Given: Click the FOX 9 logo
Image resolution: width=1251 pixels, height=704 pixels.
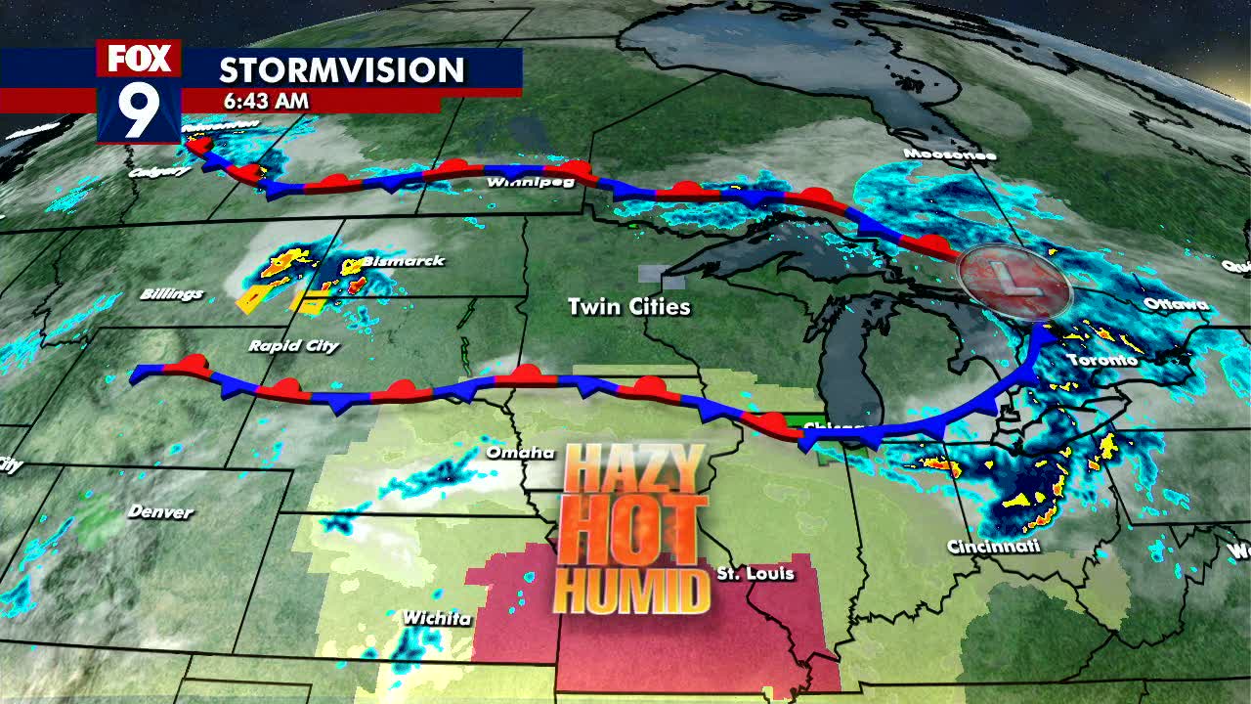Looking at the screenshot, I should click(139, 91).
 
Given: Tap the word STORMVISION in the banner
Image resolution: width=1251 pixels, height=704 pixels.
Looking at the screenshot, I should click(341, 70).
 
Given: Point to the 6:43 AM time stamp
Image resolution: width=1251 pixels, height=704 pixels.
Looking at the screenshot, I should click(265, 101).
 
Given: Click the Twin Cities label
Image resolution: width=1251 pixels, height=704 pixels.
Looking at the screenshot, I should click(629, 307).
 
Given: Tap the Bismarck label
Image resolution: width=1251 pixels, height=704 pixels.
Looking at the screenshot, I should click(403, 261).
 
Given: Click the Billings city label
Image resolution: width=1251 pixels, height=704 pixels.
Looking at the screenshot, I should click(171, 293).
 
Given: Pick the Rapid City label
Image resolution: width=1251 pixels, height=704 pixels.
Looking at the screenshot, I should click(293, 345).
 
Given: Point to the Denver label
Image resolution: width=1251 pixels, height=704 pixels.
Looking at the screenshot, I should click(160, 511).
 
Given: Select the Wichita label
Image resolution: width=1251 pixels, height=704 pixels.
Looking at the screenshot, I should click(437, 618).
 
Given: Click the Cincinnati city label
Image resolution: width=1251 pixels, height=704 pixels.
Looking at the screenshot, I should click(993, 547).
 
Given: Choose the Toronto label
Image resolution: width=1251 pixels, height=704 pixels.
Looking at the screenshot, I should click(1101, 360).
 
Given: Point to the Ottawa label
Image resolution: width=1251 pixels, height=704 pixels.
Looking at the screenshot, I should click(1176, 304).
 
